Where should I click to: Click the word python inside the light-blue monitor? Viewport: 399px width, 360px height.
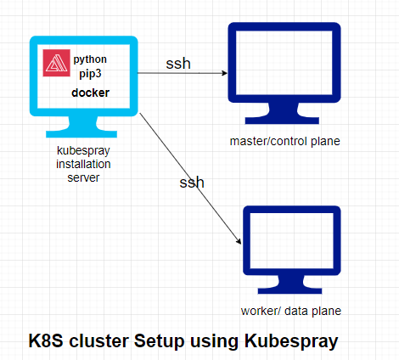(x=90, y=60)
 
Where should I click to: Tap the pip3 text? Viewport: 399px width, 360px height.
(x=90, y=75)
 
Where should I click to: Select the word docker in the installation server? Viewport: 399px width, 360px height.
(x=90, y=93)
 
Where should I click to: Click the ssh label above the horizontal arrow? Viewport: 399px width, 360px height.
(x=179, y=64)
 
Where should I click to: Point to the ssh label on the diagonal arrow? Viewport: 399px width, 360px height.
(x=192, y=183)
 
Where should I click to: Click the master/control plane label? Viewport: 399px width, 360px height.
(x=285, y=140)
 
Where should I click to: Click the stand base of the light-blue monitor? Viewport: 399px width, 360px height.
(x=84, y=133)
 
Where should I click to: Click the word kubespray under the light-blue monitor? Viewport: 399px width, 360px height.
(x=83, y=150)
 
